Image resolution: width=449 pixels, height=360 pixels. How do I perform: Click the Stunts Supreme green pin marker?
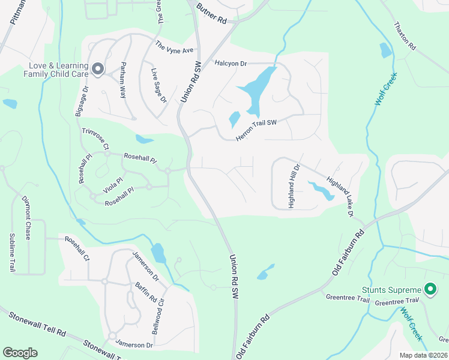[x=430, y=290]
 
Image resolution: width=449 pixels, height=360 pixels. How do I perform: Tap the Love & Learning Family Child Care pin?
[x=98, y=70]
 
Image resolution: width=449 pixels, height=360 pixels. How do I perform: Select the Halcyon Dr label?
[x=231, y=62]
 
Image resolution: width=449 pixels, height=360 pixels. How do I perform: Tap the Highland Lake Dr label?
[x=339, y=194]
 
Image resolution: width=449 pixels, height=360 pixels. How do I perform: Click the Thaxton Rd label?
[x=405, y=36]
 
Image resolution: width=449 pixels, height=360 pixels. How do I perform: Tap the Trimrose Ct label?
[x=95, y=137]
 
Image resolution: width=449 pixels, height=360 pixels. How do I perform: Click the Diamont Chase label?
[x=26, y=217]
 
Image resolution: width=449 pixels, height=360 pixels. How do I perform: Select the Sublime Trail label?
[x=11, y=253]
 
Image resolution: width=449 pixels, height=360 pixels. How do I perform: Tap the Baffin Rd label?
[x=146, y=292]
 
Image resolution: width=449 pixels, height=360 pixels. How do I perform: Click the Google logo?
[x=20, y=353]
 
